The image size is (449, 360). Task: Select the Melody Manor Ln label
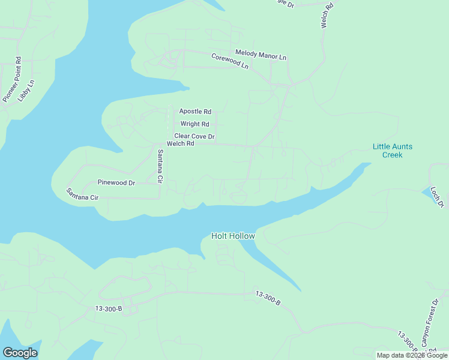(x=261, y=55)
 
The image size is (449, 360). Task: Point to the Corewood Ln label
(x=229, y=61)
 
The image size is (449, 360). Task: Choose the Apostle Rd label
(x=195, y=112)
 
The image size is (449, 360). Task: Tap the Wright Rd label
(x=194, y=124)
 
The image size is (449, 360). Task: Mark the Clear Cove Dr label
(x=194, y=137)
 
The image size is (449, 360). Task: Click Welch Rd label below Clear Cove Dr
(x=181, y=144)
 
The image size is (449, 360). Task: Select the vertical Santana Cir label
(x=160, y=166)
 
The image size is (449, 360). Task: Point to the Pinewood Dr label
(x=116, y=182)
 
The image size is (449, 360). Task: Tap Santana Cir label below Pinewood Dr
(x=82, y=194)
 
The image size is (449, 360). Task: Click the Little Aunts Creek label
(x=393, y=151)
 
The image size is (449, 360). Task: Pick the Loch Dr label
(x=437, y=197)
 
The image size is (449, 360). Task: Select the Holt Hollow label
(x=234, y=236)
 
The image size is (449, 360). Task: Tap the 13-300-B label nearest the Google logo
(x=108, y=309)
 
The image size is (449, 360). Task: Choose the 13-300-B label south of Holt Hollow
(x=268, y=298)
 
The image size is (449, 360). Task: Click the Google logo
(x=20, y=353)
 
